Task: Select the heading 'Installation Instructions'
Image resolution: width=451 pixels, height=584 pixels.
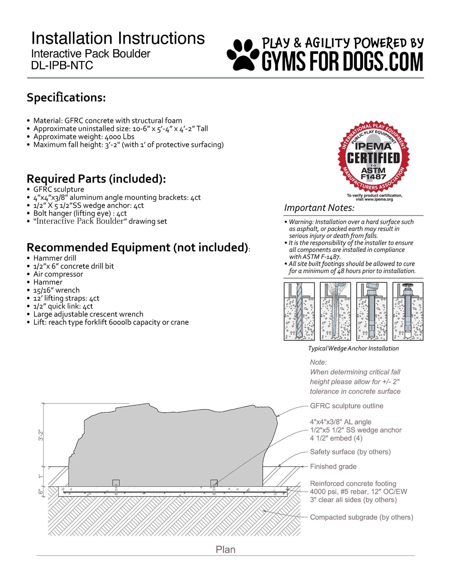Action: (118, 38)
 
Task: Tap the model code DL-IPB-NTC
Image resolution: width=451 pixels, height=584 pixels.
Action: (62, 65)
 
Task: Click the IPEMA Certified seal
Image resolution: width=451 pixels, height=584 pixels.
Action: (373, 157)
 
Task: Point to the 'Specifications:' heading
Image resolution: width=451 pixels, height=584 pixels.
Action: (66, 98)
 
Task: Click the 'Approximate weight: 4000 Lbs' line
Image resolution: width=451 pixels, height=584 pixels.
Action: (84, 137)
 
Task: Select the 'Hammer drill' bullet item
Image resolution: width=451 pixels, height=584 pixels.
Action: (55, 258)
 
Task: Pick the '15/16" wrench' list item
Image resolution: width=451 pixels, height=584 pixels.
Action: (56, 290)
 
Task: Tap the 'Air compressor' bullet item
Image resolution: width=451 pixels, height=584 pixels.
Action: (58, 274)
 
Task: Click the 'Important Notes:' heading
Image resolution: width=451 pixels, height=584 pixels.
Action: (319, 208)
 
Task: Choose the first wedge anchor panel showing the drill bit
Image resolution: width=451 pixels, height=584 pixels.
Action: (299, 311)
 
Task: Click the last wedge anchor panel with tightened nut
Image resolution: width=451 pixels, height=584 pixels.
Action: (408, 311)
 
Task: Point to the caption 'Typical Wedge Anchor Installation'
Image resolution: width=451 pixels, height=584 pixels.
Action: (353, 348)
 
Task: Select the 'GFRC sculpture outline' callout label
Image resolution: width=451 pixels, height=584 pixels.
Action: (346, 406)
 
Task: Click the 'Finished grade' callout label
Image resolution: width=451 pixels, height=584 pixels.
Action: (333, 467)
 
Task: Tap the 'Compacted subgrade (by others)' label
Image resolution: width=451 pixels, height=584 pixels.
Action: (361, 517)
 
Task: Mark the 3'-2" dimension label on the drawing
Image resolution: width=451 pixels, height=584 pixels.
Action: (41, 435)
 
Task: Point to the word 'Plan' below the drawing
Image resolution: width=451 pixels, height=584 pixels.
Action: (225, 550)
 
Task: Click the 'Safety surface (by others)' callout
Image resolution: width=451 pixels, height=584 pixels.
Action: (350, 452)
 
